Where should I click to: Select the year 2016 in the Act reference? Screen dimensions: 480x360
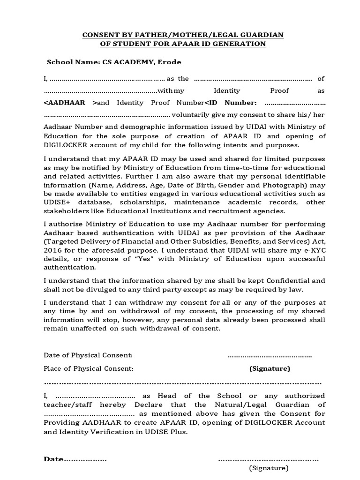click(52, 250)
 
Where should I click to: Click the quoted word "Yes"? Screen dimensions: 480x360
click(142, 259)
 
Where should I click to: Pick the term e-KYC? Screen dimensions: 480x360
click(315, 250)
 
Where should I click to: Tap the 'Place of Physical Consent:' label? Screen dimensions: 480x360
click(89, 368)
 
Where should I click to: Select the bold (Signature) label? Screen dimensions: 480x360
click(270, 368)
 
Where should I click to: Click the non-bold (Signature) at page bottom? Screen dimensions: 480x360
click(269, 468)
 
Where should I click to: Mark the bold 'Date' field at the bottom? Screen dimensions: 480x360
click(53, 459)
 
